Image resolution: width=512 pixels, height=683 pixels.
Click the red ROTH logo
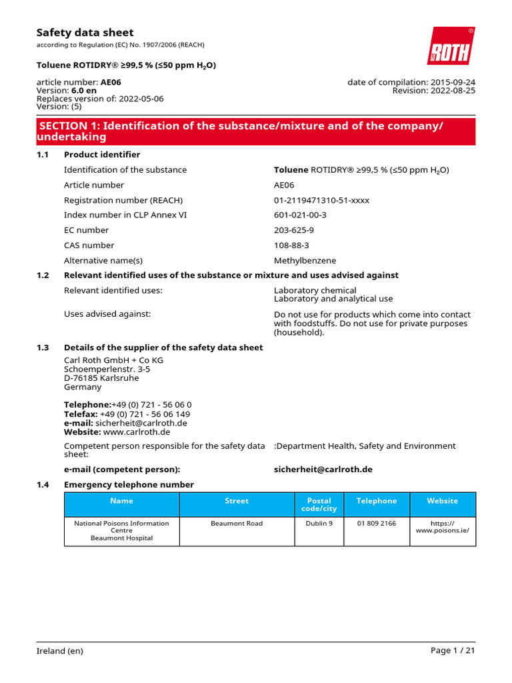(451, 46)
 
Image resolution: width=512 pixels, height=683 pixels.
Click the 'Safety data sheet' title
(85, 33)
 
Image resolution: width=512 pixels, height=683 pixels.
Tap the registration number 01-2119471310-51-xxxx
(321, 200)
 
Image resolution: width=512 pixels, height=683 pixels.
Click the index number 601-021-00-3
(300, 215)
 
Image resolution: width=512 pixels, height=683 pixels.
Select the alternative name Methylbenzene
(305, 260)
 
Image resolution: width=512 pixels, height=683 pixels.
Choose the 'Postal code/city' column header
(319, 504)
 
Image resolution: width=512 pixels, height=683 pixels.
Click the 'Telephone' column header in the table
(376, 501)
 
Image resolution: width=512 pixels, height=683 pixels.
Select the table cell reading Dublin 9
(319, 524)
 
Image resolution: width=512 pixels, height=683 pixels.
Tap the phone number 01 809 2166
(376, 524)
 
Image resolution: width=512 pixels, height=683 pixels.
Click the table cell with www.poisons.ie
(442, 527)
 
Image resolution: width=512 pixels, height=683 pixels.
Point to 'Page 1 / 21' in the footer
(453, 651)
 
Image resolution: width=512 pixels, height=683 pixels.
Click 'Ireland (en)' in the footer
(60, 651)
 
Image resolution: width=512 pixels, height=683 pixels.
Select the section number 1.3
(43, 348)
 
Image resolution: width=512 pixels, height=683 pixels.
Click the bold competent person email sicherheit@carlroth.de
(323, 470)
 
